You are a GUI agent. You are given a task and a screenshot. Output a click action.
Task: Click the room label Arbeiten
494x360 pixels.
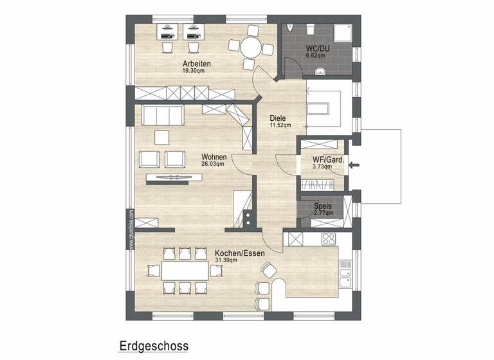(197, 64)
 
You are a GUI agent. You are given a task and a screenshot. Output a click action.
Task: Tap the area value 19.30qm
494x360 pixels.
(197, 71)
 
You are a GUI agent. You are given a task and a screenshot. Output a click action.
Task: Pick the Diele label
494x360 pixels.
(277, 118)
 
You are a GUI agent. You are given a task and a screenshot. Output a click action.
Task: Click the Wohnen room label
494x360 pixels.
(213, 156)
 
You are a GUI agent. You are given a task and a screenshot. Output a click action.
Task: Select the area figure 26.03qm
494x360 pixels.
(213, 163)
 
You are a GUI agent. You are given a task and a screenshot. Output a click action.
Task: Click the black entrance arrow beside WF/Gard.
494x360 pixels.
(352, 166)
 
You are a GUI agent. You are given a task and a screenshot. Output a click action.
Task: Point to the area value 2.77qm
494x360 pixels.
(323, 213)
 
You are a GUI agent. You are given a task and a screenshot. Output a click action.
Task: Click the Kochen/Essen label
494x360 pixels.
(240, 253)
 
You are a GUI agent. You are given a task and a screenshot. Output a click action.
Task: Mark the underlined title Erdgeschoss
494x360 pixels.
(153, 346)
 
